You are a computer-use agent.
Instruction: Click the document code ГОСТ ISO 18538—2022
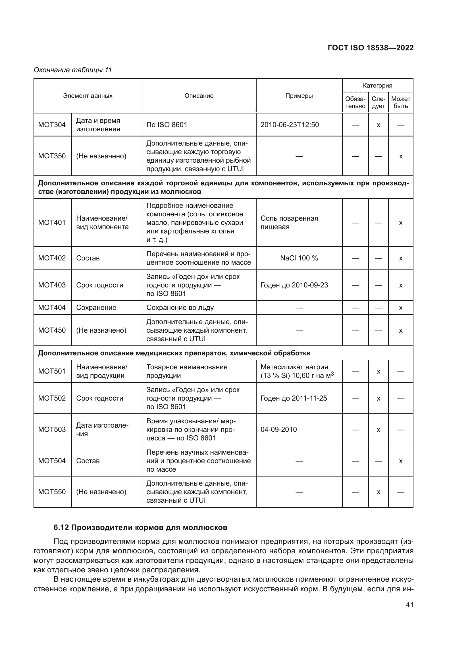pos(371,48)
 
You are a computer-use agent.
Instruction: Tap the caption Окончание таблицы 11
pos(73,70)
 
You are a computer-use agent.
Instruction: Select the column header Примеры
pos(299,96)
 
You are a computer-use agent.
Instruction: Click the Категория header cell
pos(377,86)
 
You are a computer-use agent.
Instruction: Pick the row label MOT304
pos(52,125)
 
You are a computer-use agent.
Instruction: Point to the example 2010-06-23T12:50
pos(289,125)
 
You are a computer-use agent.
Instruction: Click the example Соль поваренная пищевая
pos(289,222)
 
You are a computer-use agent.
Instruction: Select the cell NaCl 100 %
pos(299,258)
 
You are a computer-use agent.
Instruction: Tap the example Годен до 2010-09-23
pos(294,285)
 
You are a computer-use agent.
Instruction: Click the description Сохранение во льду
pos(180,308)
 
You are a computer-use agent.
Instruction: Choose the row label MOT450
pos(52,330)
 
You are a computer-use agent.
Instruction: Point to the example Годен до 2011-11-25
pos(294,398)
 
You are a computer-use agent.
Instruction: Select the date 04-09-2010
pos(278,430)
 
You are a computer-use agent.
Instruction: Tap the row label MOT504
pos(52,461)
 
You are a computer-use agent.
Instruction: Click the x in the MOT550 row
pos(378,492)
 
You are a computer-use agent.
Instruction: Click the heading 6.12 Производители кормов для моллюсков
pos(140,527)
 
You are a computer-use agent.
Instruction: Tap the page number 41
pos(409,605)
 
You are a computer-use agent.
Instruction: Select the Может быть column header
pos(401,103)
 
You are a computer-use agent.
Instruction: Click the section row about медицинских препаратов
pos(174,353)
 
